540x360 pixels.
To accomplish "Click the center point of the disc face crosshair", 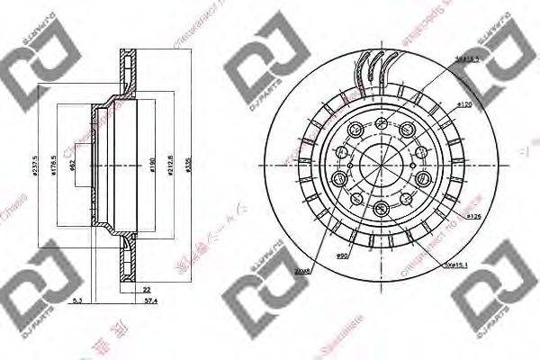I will coord(378,166).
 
